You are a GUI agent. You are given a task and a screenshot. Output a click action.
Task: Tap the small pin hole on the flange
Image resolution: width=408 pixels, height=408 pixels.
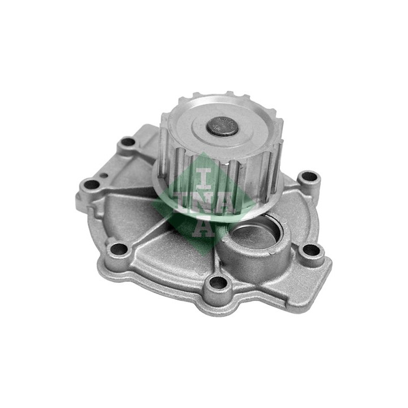[104, 175]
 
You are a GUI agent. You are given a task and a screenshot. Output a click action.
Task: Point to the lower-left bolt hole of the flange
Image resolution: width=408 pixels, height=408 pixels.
[119, 249]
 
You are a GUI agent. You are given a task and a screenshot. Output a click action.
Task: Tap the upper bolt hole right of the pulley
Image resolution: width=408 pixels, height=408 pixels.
[309, 177]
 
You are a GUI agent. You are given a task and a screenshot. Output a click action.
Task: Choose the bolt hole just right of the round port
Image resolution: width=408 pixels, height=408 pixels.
[311, 251]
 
